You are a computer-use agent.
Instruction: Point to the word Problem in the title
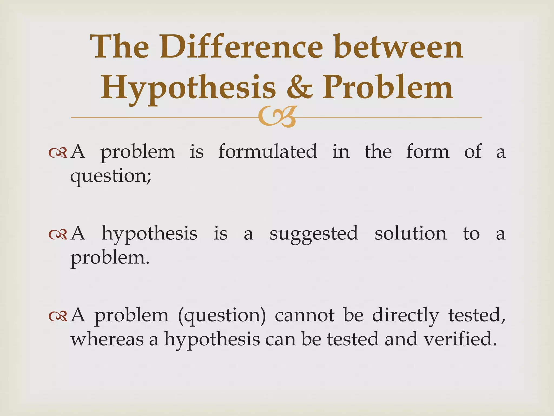point(388,87)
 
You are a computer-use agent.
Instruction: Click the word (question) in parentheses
point(222,316)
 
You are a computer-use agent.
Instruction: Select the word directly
point(405,316)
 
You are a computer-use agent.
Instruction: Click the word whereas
point(107,339)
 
